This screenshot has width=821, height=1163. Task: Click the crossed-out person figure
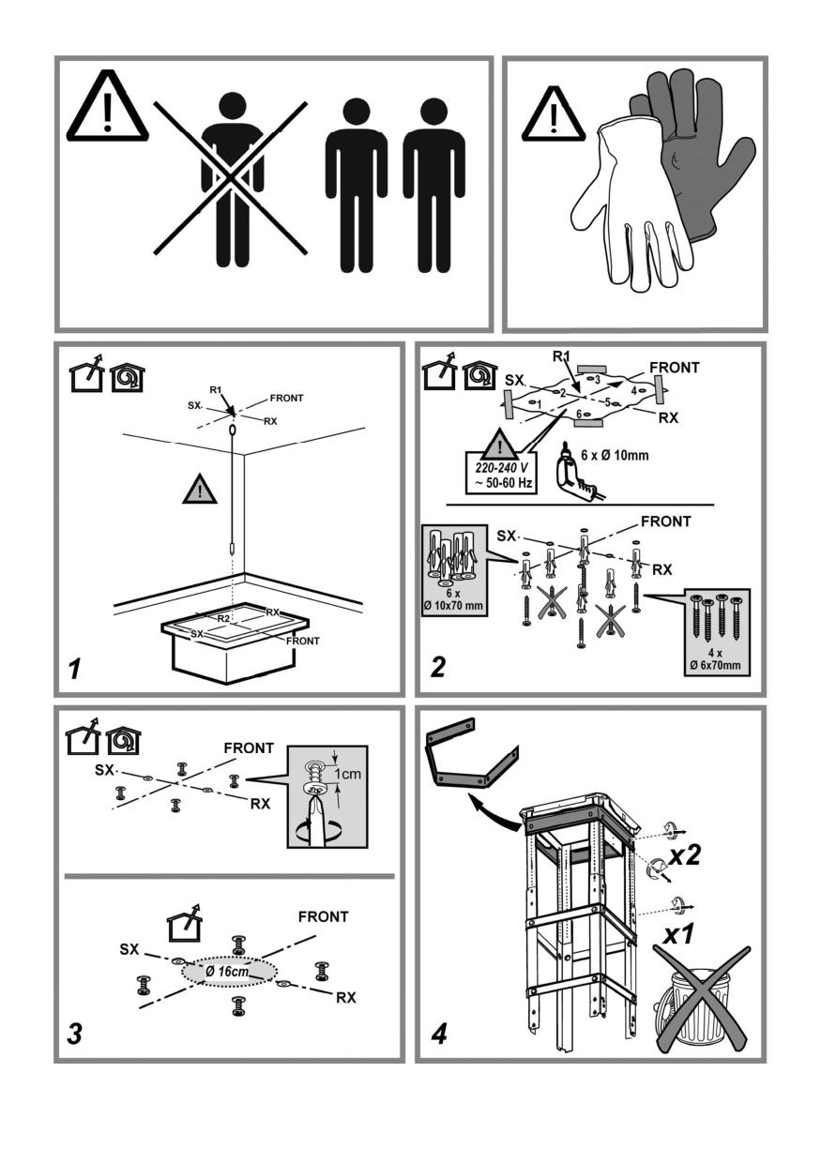232,178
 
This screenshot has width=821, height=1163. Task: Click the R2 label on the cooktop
223,619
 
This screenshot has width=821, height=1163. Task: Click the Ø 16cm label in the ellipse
227,972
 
